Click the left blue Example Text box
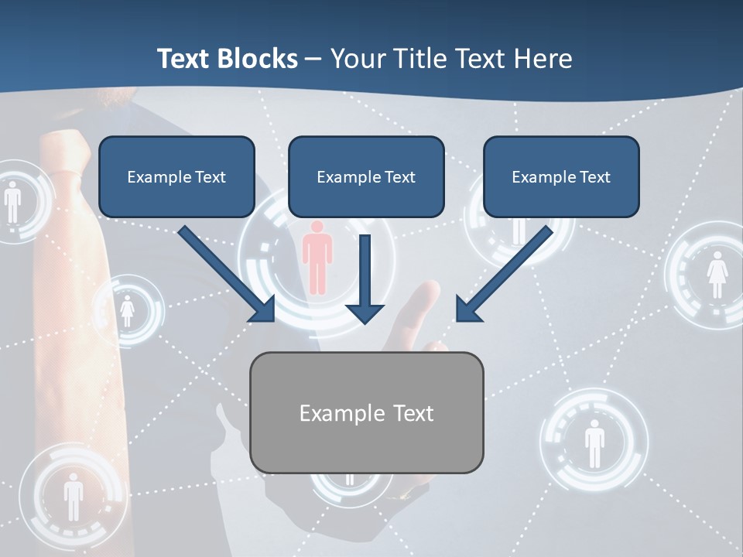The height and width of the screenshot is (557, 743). coord(176,176)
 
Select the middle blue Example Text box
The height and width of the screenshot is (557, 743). coord(366,176)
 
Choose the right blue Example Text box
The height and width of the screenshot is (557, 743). coord(561,176)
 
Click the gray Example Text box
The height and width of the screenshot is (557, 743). coord(366,412)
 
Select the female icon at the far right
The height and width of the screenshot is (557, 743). coord(717,275)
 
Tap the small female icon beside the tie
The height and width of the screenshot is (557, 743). coord(127,312)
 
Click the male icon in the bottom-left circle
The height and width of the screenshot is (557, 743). coord(74,495)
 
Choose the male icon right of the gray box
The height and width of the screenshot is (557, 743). coord(594,443)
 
